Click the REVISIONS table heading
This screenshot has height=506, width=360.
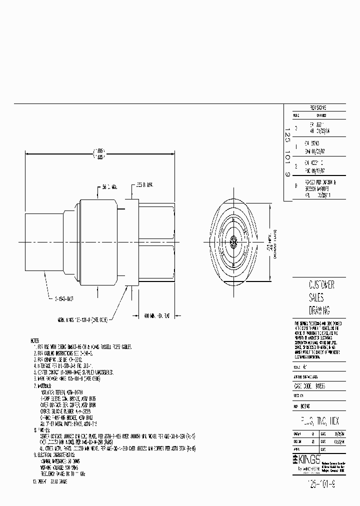click(x=318, y=107)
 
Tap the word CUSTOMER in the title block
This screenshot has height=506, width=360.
click(x=315, y=285)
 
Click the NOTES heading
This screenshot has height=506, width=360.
click(x=37, y=340)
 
